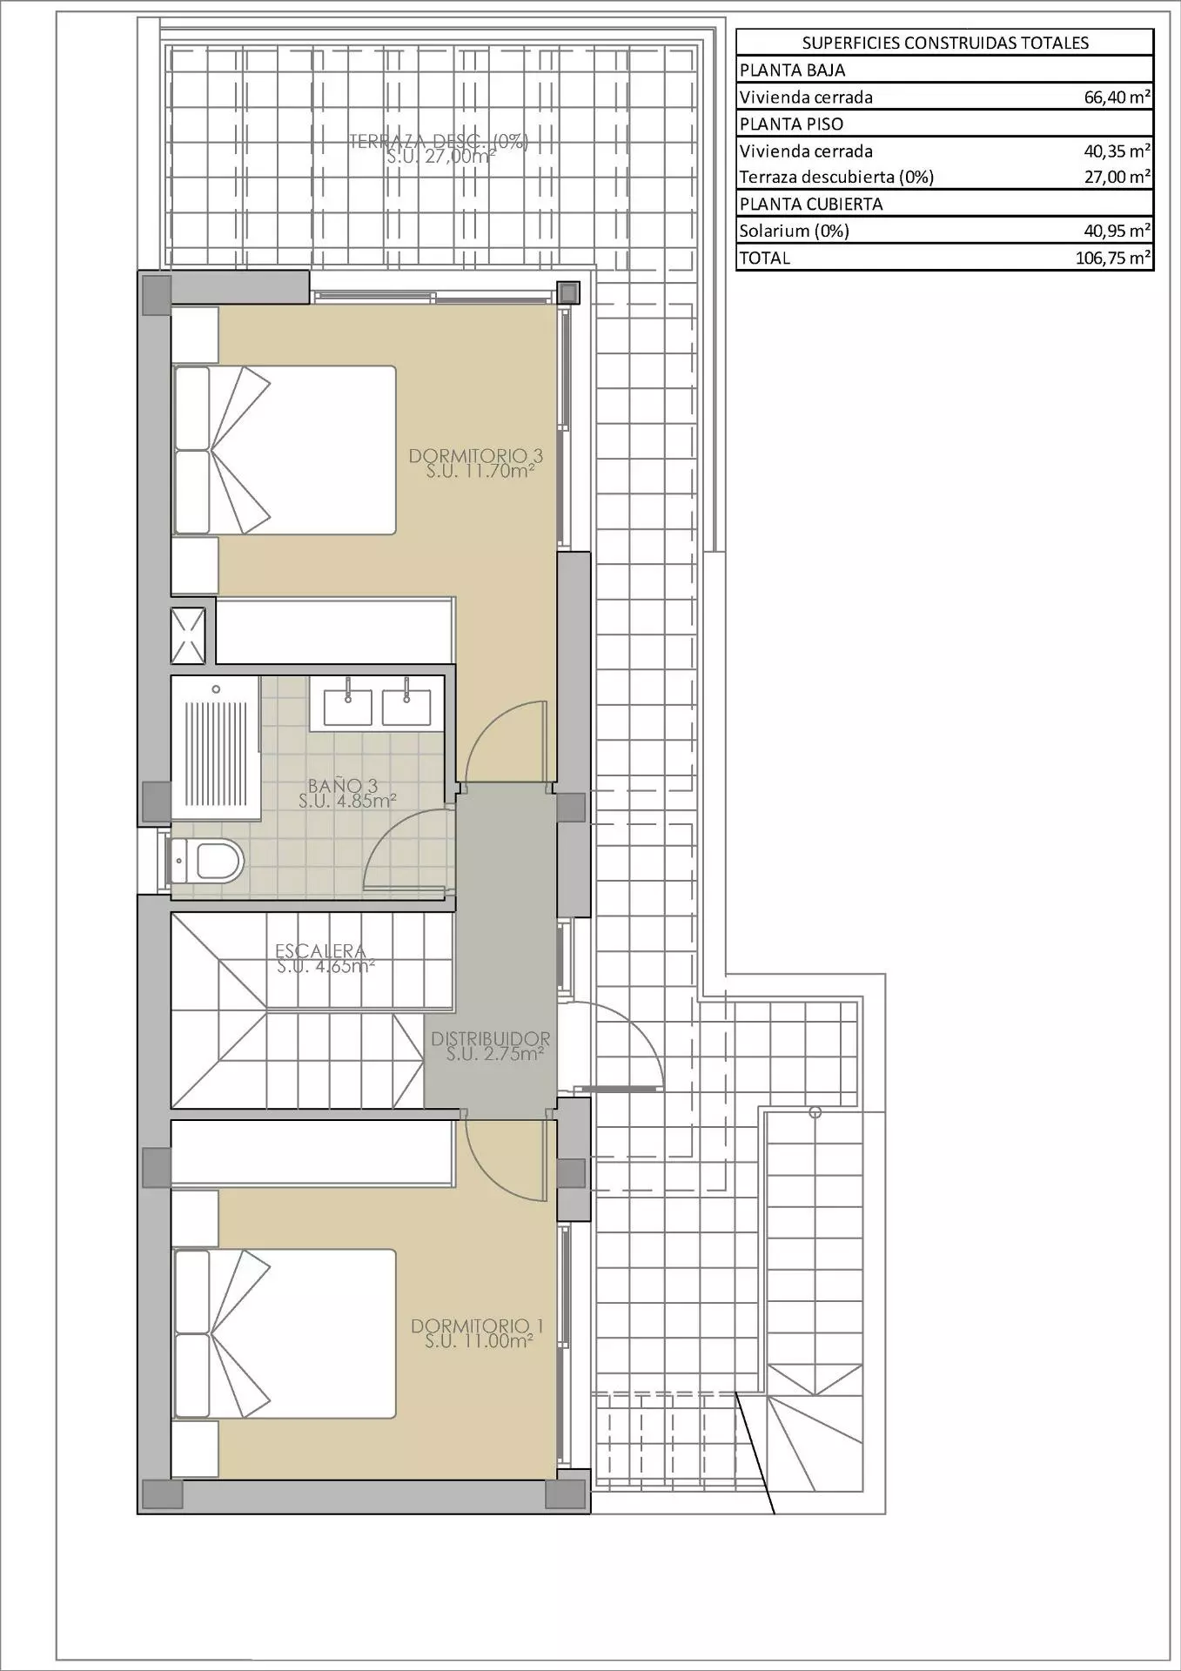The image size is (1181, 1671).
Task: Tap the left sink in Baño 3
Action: (x=347, y=707)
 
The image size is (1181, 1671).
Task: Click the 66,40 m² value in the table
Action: (x=1117, y=97)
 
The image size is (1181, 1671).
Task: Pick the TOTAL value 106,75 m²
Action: (x=1113, y=258)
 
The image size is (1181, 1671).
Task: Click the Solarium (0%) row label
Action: (x=794, y=231)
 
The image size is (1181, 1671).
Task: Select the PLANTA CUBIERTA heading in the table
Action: (x=811, y=204)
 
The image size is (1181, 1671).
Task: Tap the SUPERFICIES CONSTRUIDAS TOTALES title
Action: (x=945, y=43)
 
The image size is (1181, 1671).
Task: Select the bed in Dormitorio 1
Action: (x=285, y=1334)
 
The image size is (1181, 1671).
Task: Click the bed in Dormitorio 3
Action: (x=285, y=450)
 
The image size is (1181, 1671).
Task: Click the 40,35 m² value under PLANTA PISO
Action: (x=1117, y=151)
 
